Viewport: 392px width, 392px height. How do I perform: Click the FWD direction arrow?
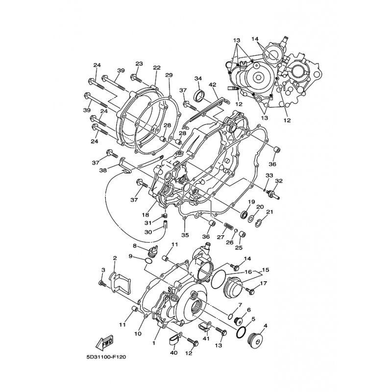click(104, 343)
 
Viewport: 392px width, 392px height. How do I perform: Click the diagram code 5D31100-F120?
click(106, 357)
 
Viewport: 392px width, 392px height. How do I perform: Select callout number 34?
click(198, 78)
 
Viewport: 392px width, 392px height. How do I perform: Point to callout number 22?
click(157, 68)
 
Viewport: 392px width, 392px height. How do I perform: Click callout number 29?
click(169, 75)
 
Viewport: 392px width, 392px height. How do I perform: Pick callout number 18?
click(146, 215)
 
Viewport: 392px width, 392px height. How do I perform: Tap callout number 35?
click(185, 235)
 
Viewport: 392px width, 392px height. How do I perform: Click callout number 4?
click(265, 326)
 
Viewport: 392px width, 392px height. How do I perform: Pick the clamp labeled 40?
click(174, 339)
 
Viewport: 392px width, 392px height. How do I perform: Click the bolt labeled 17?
click(249, 291)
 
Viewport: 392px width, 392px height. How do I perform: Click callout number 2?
click(115, 258)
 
